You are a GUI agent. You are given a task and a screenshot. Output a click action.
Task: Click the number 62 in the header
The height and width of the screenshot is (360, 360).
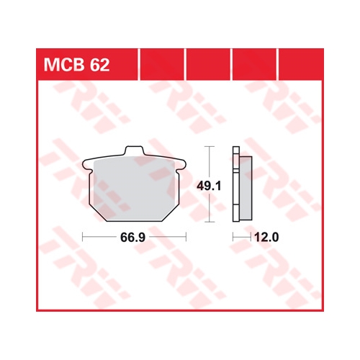(x=99, y=65)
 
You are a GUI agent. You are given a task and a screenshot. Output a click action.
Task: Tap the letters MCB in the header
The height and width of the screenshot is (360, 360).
(x=64, y=65)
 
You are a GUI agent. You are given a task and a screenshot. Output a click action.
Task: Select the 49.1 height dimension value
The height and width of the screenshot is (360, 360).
(x=209, y=186)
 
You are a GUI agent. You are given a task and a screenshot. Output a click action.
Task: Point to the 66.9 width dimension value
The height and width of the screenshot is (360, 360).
(x=132, y=238)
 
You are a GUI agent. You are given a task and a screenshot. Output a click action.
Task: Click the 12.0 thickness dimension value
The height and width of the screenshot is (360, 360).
(x=266, y=238)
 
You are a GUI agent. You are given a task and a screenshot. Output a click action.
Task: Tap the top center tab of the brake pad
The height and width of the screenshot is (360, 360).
(x=134, y=150)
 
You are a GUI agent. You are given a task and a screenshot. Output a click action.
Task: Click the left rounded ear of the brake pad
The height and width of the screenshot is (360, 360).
(x=87, y=165)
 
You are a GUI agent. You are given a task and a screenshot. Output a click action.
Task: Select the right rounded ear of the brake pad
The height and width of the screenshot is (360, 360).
(x=181, y=165)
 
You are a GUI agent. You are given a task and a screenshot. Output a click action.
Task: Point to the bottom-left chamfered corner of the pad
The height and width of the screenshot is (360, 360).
(x=98, y=213)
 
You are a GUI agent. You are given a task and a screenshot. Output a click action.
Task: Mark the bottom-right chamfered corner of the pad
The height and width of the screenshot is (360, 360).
(x=171, y=213)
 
